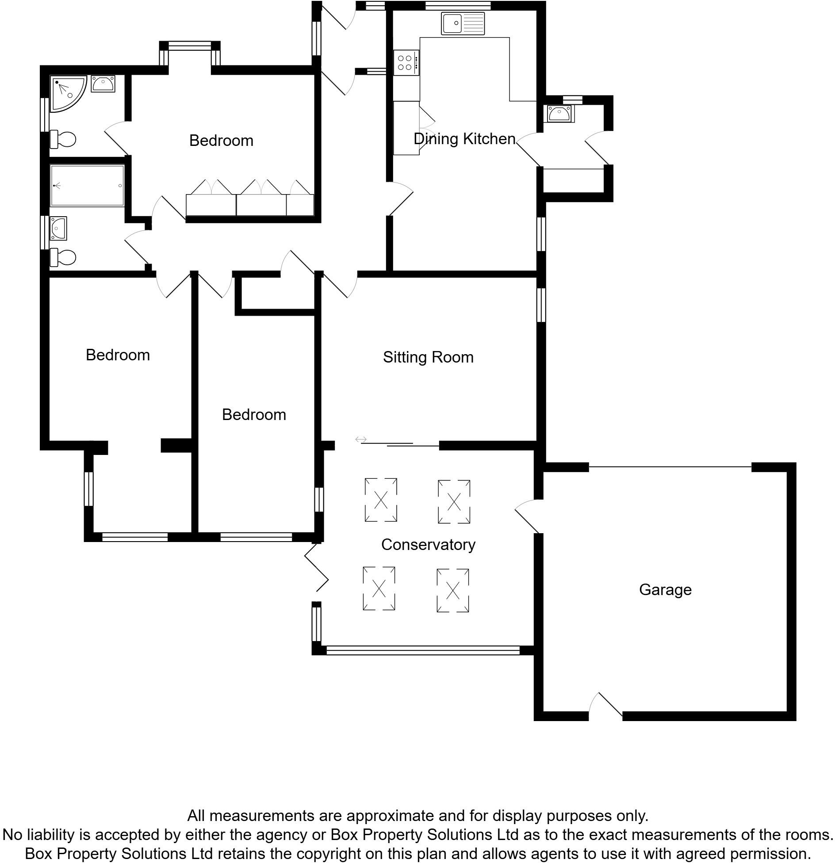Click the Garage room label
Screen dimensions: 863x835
(665, 589)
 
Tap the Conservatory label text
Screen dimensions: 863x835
(428, 544)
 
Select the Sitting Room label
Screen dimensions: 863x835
(428, 357)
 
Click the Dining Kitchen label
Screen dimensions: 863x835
(464, 138)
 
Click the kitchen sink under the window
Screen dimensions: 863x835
(463, 23)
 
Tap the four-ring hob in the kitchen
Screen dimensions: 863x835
(406, 62)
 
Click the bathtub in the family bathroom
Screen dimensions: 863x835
(87, 186)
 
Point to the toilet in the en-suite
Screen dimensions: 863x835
(63, 139)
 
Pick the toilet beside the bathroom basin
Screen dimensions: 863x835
(63, 257)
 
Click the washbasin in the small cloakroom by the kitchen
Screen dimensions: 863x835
(559, 114)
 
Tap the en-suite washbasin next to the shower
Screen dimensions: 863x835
(103, 84)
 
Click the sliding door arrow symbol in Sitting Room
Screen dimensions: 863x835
(361, 439)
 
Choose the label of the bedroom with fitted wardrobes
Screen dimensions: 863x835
(221, 140)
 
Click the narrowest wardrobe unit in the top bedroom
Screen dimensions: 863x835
(300, 205)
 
